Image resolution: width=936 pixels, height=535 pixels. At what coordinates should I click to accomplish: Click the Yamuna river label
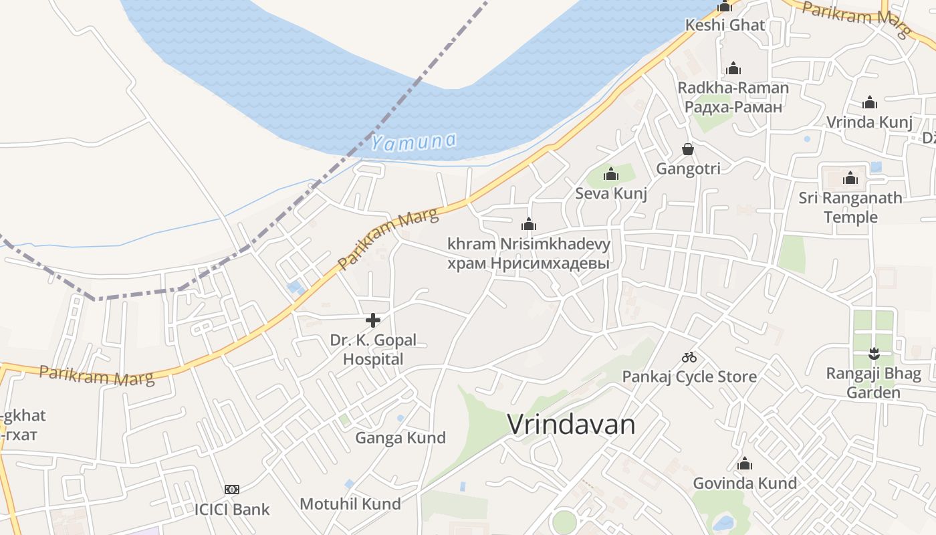pos(414,142)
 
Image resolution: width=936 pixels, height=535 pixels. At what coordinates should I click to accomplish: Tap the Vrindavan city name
pos(571,425)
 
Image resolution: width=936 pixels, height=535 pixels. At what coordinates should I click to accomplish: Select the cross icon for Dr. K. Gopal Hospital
pos(373,320)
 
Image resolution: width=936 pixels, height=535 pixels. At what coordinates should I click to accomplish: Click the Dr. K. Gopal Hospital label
pos(373,349)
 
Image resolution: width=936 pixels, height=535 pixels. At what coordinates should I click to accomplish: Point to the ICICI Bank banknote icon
pos(232,490)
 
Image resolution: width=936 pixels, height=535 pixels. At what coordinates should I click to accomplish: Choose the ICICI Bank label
pos(232,509)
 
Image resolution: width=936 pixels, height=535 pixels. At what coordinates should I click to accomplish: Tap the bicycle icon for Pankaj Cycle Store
pos(689,357)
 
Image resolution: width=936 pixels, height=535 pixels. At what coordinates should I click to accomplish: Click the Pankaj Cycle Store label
pos(689,377)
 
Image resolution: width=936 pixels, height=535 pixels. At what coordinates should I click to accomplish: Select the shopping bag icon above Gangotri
pos(688,149)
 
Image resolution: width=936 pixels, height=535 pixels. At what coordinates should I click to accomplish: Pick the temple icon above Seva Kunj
pos(611,175)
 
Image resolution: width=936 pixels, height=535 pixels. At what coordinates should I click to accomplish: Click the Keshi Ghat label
pos(725,25)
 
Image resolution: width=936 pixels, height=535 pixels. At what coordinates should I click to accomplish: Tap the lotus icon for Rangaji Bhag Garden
pos(873,353)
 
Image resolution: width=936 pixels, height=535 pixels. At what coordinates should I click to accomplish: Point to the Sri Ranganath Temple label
pos(850,207)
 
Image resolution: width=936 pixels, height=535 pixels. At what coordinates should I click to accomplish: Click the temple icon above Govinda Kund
pos(745,463)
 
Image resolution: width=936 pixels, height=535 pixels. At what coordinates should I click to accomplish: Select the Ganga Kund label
pos(400,438)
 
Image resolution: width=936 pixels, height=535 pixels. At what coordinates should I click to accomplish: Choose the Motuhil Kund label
pos(350,504)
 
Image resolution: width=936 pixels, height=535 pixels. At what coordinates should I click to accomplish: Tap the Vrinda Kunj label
pos(869,122)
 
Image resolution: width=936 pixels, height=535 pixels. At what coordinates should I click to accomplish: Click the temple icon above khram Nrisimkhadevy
pos(529,224)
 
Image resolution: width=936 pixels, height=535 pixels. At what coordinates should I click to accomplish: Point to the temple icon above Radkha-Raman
pos(733,68)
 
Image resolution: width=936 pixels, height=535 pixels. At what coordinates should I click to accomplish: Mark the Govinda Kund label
pos(745,483)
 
